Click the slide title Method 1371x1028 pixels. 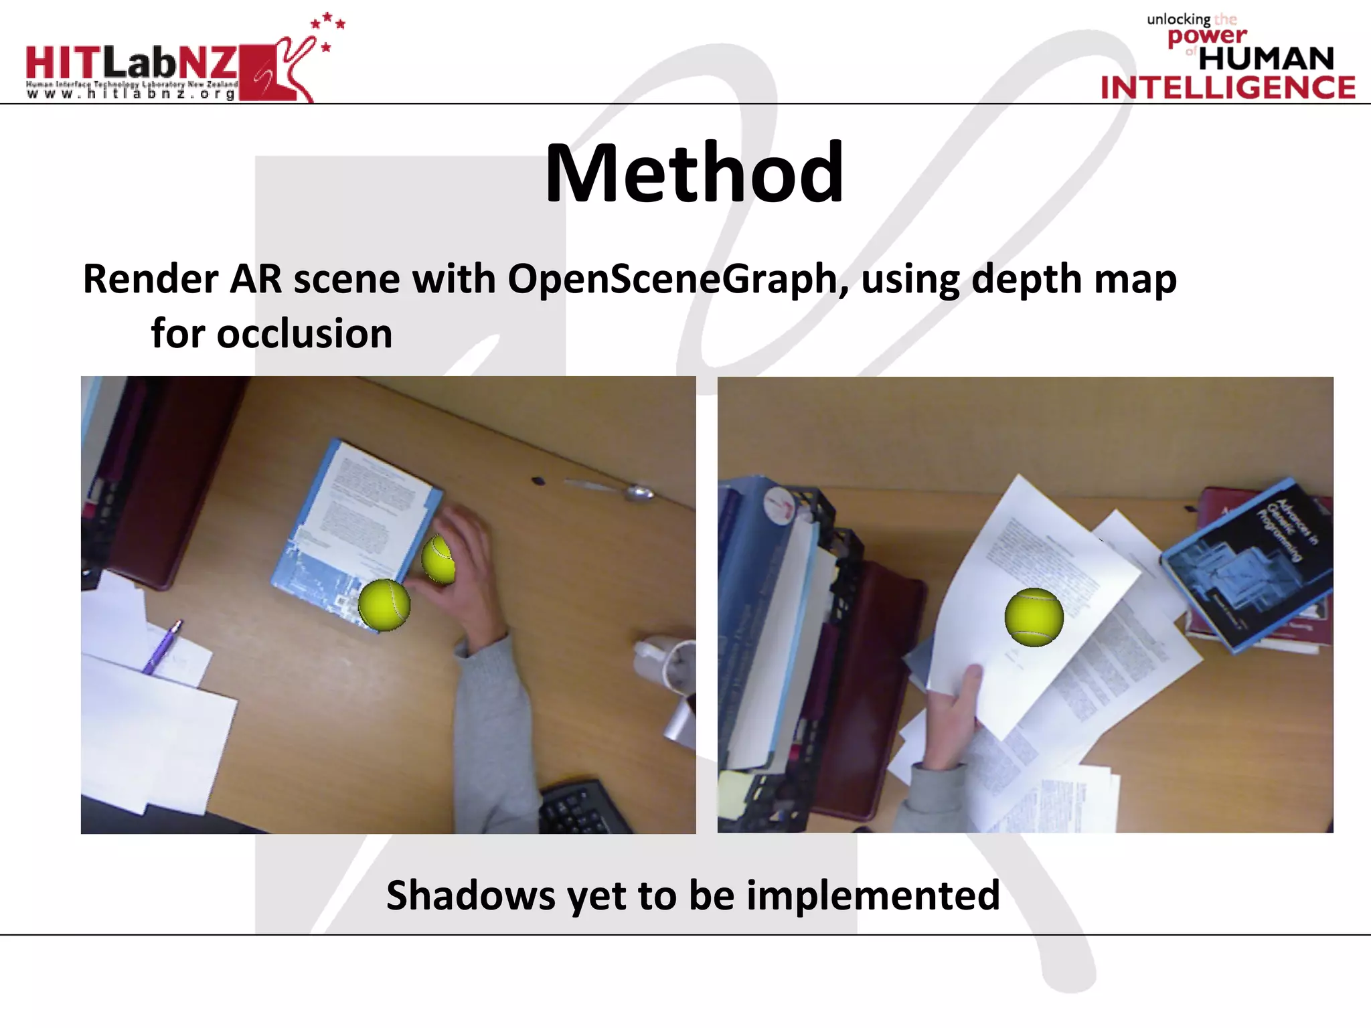694,173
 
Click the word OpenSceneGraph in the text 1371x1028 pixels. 672,279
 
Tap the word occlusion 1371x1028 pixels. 305,334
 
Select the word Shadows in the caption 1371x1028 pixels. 471,895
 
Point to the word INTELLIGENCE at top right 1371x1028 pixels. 1228,88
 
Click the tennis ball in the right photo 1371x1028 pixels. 1034,617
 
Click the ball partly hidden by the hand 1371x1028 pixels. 438,560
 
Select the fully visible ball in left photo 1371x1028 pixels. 384,604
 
